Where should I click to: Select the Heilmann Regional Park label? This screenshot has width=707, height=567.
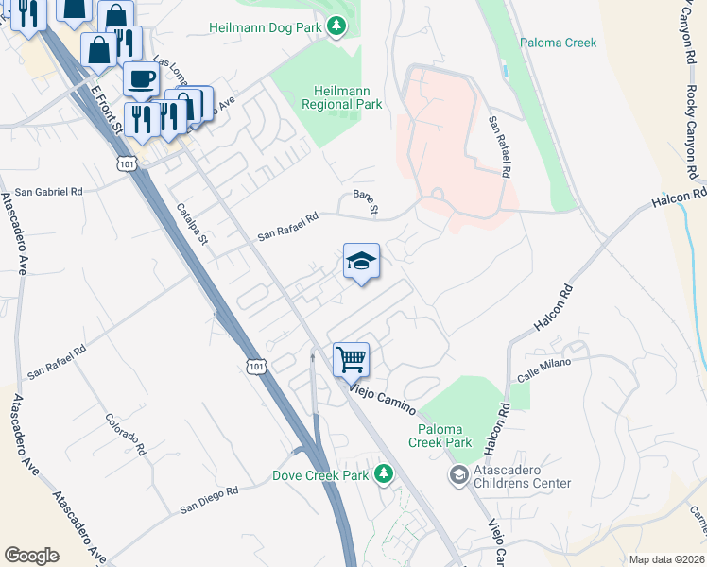tap(341, 97)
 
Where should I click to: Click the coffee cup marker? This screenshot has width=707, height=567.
tap(141, 78)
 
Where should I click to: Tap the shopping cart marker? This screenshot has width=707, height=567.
tap(351, 359)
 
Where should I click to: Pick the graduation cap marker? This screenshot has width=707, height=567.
tap(361, 261)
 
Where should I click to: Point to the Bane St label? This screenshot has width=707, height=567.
tap(365, 201)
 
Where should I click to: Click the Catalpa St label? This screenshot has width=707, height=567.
tap(196, 226)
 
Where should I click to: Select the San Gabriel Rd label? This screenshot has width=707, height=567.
tap(48, 192)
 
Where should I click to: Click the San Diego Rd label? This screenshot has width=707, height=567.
tap(209, 501)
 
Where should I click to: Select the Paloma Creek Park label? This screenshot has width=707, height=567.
tap(440, 436)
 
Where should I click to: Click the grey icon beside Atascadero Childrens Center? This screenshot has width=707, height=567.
tap(459, 474)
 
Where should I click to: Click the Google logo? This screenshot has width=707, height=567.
tap(31, 556)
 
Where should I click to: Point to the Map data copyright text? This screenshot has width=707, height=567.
tap(665, 559)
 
